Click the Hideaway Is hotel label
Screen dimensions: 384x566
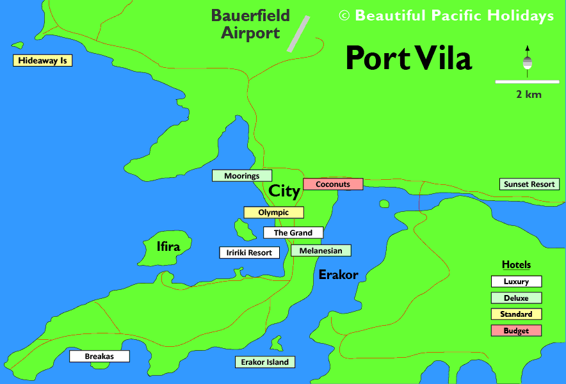pyautogui.click(x=43, y=61)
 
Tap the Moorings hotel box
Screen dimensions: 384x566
pyautogui.click(x=242, y=175)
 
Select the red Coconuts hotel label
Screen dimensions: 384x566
pyautogui.click(x=333, y=184)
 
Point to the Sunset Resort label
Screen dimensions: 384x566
pyautogui.click(x=530, y=184)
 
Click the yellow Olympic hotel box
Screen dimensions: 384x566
pyautogui.click(x=273, y=212)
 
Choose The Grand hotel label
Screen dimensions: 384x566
pyautogui.click(x=293, y=233)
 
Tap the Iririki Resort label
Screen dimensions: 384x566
pyautogui.click(x=250, y=253)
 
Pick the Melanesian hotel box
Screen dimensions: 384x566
pyautogui.click(x=321, y=251)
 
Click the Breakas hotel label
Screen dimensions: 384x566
pyautogui.click(x=99, y=356)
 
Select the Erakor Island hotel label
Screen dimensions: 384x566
pyautogui.click(x=265, y=362)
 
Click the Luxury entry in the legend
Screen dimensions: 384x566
pyautogui.click(x=516, y=282)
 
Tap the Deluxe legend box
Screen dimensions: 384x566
pyautogui.click(x=516, y=298)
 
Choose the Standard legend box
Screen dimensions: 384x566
pyautogui.click(x=516, y=314)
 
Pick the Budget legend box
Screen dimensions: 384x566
pyautogui.click(x=516, y=331)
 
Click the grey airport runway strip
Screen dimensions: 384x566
pyautogui.click(x=298, y=33)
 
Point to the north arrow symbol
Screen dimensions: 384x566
pyautogui.click(x=528, y=60)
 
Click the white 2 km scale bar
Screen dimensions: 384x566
pyautogui.click(x=528, y=82)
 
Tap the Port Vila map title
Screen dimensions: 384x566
pyautogui.click(x=408, y=58)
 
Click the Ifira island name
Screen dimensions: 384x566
pyautogui.click(x=168, y=246)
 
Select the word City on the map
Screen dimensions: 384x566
pyautogui.click(x=284, y=191)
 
